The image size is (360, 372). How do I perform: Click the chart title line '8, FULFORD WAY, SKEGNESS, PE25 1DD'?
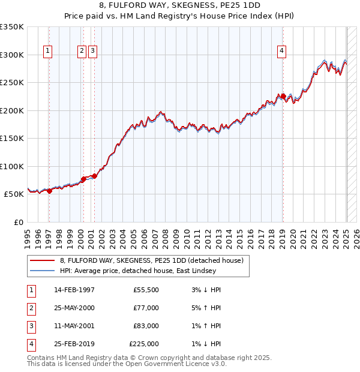point(179,6)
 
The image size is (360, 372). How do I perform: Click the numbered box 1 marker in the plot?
point(47,52)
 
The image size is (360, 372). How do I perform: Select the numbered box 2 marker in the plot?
point(82,52)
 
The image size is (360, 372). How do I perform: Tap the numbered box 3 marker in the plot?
point(92,52)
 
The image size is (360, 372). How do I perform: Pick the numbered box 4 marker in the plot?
point(281,52)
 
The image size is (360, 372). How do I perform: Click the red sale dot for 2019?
point(283,95)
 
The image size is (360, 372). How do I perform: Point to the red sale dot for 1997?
point(50,191)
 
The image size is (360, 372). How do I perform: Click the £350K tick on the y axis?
point(13,27)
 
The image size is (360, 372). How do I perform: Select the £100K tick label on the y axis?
point(13,166)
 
